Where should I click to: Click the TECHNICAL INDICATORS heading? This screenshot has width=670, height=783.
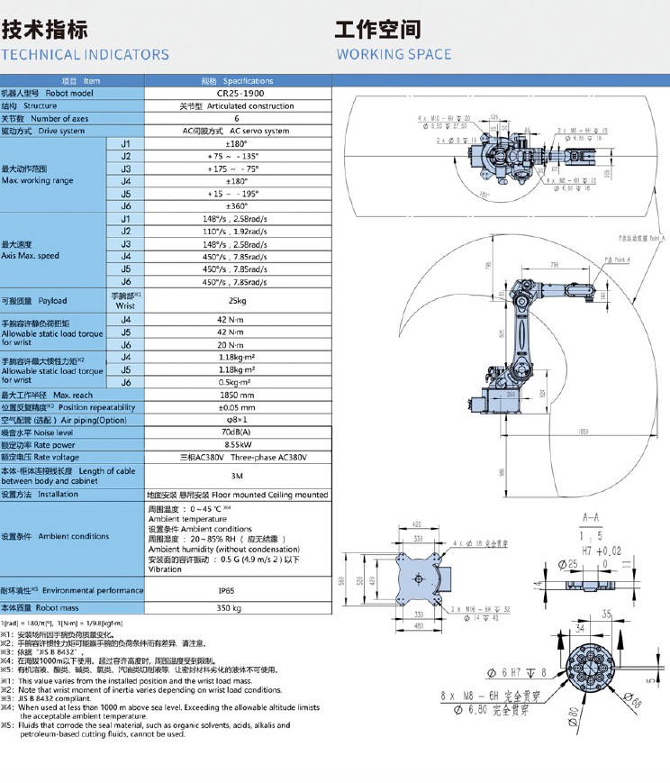click(85, 54)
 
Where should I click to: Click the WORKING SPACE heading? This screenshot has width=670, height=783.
click(394, 54)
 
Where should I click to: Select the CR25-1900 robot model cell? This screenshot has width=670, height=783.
click(237, 93)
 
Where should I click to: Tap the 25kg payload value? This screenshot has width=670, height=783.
click(237, 300)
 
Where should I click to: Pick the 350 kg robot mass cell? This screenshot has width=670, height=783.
click(237, 608)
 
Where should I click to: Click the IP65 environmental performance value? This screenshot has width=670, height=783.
click(237, 590)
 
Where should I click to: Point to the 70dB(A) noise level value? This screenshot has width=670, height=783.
click(237, 432)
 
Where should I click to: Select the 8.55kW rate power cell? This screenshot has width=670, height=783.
click(237, 445)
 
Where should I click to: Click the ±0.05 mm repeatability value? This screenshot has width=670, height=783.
click(237, 407)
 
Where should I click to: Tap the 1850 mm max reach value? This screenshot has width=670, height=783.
click(237, 395)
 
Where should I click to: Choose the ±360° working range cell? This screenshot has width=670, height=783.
click(237, 206)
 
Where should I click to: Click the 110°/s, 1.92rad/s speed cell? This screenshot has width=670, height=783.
click(237, 232)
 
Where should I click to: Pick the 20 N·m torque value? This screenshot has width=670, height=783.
click(237, 344)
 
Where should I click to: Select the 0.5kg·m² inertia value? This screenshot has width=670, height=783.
click(237, 382)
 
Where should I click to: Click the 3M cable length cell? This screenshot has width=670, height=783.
click(237, 476)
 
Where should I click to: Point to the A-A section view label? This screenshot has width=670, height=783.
click(591, 518)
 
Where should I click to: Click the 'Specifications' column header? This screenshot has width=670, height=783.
click(237, 80)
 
